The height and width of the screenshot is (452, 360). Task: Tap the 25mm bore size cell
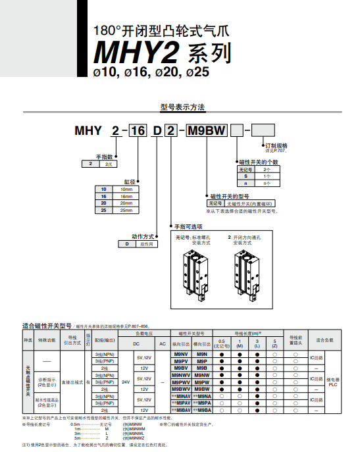coord(126,210)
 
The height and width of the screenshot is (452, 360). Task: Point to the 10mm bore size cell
coord(126,188)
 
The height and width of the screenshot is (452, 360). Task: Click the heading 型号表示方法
coord(183,107)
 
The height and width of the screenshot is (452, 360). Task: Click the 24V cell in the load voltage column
coord(126,381)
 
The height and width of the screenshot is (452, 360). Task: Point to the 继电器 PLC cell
coord(332,381)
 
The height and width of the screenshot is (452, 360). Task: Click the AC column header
coord(162,343)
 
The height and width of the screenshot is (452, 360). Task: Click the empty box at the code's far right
coord(264,131)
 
